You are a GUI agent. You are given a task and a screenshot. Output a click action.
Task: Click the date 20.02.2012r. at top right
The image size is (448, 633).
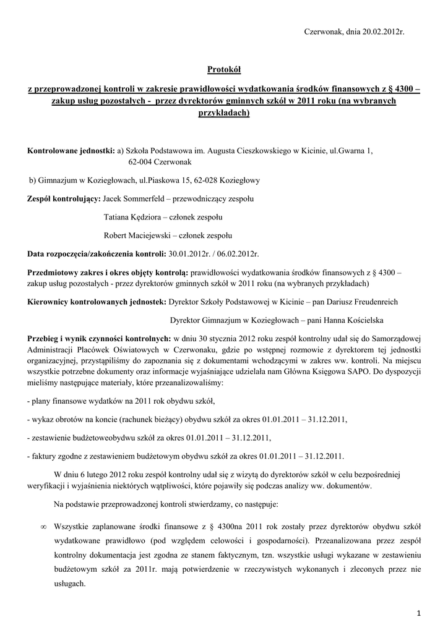(x=382, y=31)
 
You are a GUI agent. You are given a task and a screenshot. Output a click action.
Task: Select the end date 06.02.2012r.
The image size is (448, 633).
(x=239, y=253)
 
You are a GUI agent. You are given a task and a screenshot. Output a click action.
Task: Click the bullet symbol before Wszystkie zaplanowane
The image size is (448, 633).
(x=43, y=527)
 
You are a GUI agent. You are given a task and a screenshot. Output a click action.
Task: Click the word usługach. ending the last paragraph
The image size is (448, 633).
(x=70, y=584)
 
